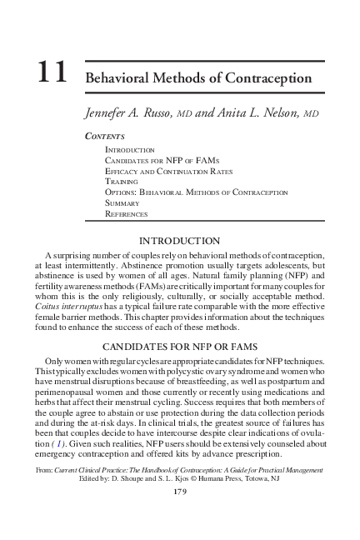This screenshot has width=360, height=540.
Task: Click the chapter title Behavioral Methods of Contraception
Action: tap(198, 78)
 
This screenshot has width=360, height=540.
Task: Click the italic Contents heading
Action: tap(104, 135)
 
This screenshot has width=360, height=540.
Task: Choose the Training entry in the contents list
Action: tap(121, 181)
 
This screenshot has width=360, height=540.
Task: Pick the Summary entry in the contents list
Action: tap(122, 202)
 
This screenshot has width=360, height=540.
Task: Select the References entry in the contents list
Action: tap(126, 213)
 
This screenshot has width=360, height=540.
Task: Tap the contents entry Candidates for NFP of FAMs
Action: tap(157, 159)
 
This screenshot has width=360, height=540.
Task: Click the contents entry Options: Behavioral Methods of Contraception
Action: tap(196, 192)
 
